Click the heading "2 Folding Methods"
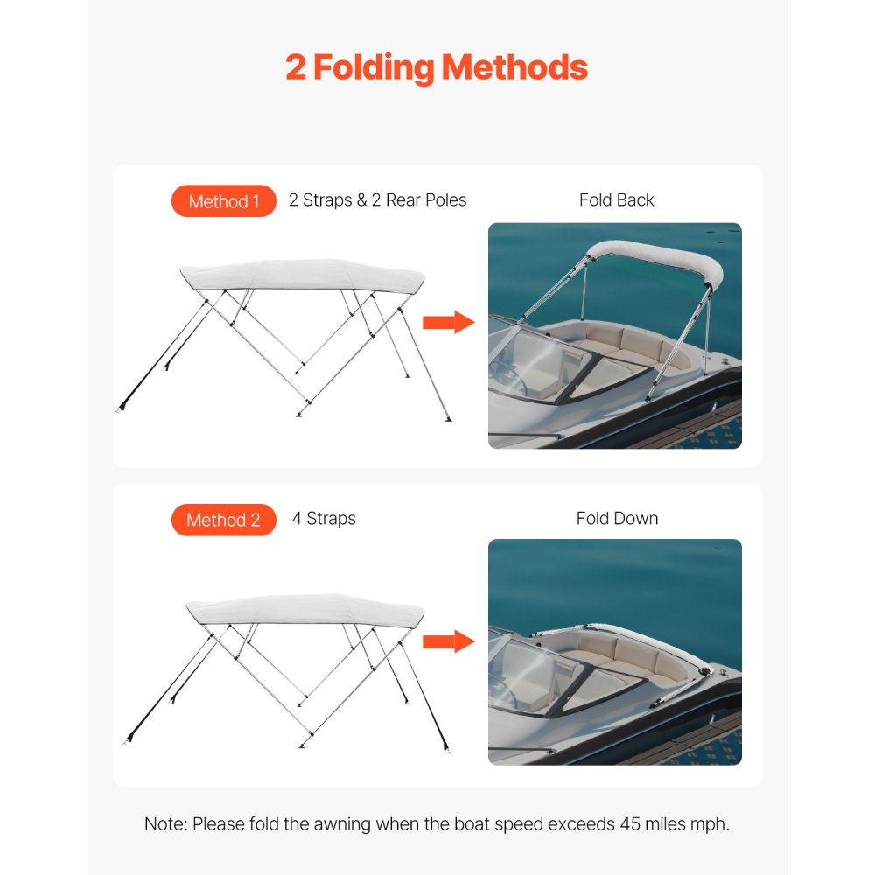click(437, 67)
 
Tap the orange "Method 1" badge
click(224, 201)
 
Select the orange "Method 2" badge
click(224, 520)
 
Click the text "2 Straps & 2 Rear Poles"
click(377, 200)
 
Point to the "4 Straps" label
click(324, 519)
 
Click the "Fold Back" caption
click(616, 200)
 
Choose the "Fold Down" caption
click(617, 519)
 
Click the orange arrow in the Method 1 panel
click(447, 323)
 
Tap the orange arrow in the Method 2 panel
click(447, 641)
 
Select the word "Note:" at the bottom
click(165, 824)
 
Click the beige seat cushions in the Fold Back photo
click(612, 341)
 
